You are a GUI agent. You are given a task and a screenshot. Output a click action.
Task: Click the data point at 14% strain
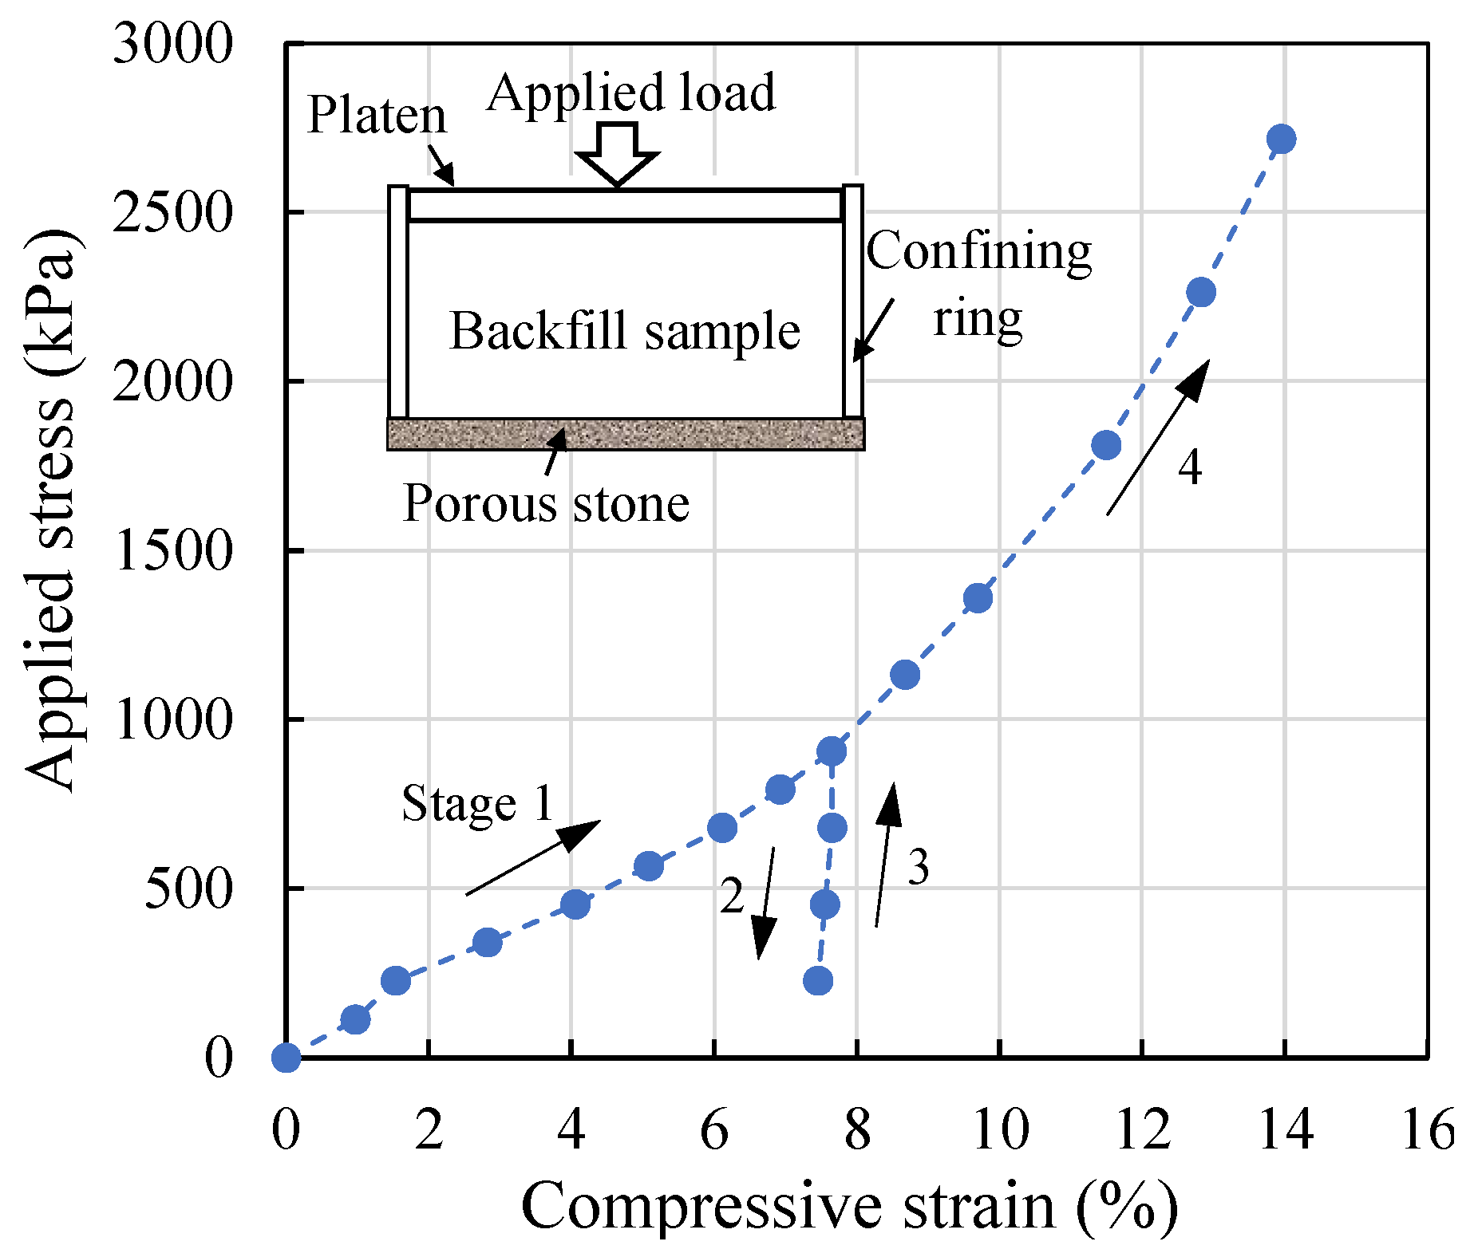tap(1281, 139)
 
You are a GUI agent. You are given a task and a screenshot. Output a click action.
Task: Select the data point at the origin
tap(286, 1058)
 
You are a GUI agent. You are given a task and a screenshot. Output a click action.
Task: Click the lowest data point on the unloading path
tap(818, 980)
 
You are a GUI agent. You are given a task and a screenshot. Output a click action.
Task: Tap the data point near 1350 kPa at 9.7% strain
tap(978, 598)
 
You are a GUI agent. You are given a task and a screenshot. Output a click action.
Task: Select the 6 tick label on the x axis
tap(713, 1130)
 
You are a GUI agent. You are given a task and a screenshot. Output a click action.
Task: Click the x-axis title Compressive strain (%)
tap(848, 1206)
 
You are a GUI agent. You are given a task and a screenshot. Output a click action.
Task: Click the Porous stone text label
tap(546, 503)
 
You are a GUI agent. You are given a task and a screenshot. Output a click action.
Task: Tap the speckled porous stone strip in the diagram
tap(625, 435)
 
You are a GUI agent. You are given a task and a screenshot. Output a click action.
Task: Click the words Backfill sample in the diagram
tap(625, 331)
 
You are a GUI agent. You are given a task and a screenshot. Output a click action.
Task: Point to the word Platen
tap(376, 115)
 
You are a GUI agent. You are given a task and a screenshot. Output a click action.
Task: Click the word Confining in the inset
tap(979, 251)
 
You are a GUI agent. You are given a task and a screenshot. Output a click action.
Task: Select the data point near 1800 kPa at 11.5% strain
tap(1106, 444)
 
